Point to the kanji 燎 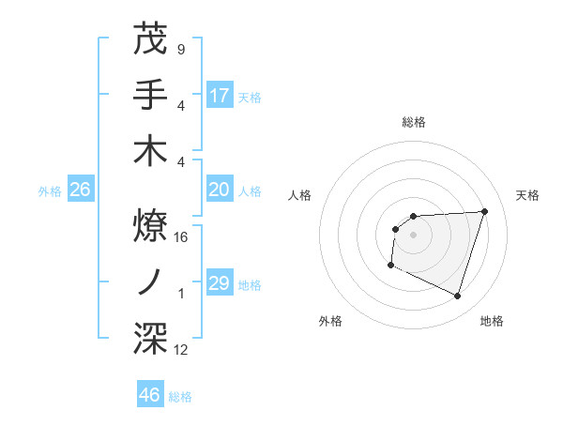pos(150,222)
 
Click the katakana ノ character pos(150,280)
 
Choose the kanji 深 pos(150,336)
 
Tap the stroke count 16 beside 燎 pos(181,236)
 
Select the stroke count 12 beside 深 pos(181,350)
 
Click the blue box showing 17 pos(220,95)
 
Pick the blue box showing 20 pos(220,190)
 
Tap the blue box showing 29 pos(220,283)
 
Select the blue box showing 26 pos(80,190)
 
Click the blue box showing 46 pos(150,395)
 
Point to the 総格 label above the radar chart pos(414,122)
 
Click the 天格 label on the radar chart pos(528,195)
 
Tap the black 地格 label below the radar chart pos(492,321)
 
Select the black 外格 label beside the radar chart pos(330,321)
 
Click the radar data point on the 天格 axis pos(484,211)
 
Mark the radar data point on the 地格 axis pos(457,297)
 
